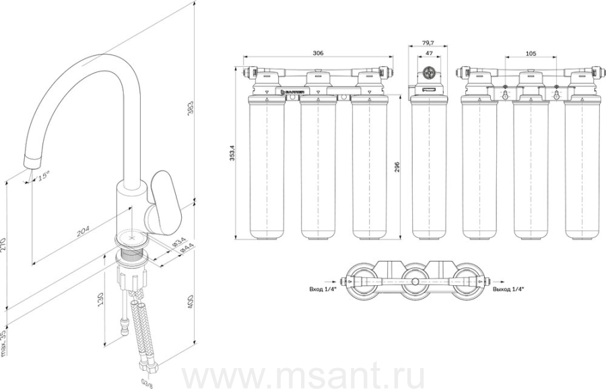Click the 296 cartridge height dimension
397,166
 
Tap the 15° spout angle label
43,178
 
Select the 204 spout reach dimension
82,231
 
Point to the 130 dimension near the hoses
100,297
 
